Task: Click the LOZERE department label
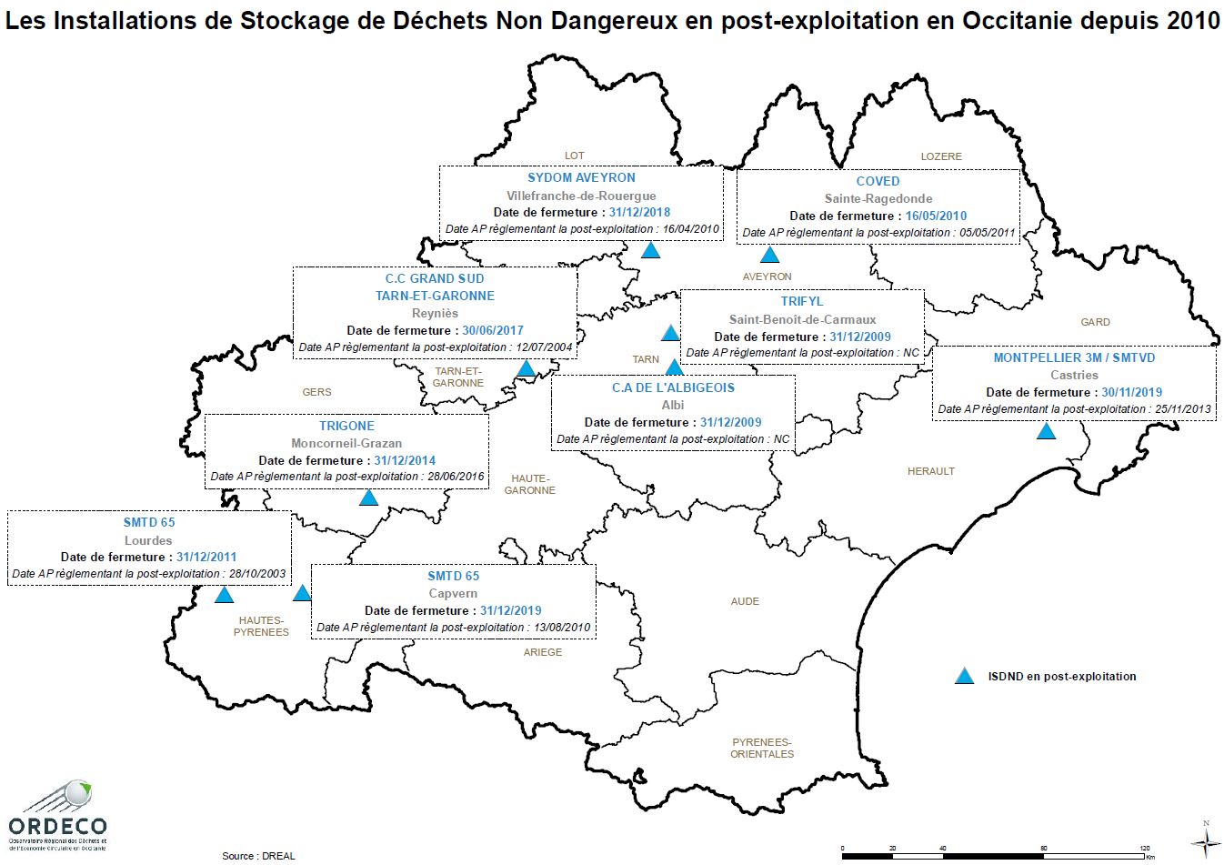pos(940,156)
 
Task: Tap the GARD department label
pos(1095,322)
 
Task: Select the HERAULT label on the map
pos(930,471)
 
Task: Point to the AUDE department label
pos(745,601)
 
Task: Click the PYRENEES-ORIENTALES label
pos(762,748)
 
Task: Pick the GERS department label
pos(316,392)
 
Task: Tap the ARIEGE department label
pos(542,652)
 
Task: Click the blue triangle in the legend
pos(964,676)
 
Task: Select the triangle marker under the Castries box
pos(1047,431)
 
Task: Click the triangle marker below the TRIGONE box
pos(368,498)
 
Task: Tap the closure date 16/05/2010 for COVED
pos(936,216)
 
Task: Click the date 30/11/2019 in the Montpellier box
pos(1131,392)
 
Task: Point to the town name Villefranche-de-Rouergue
pos(581,196)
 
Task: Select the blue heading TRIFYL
pos(801,301)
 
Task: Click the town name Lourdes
pos(148,540)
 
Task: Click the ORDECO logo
pos(57,815)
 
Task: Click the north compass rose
pos(1206,839)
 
